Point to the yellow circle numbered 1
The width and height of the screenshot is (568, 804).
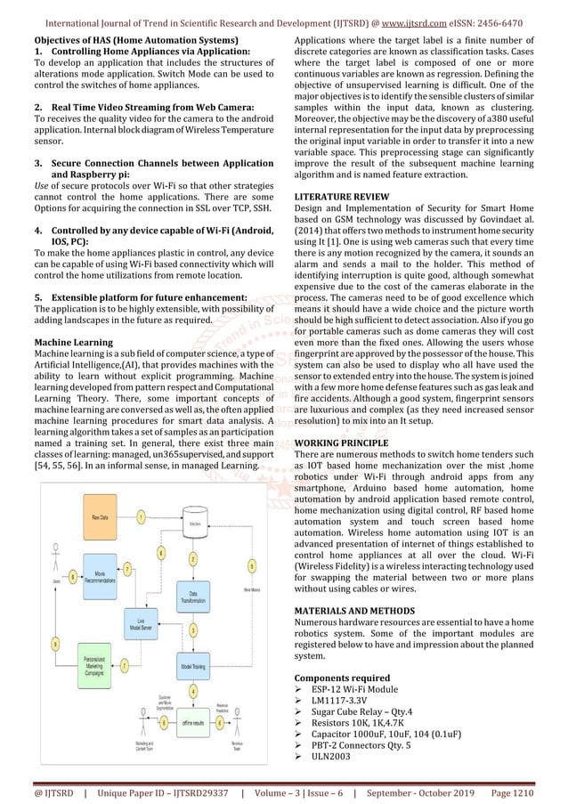pos(141,516)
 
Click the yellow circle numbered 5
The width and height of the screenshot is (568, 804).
pos(253,565)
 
